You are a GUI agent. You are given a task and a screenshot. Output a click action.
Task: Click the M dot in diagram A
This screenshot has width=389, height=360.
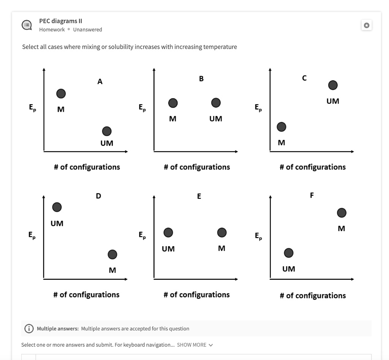click(x=61, y=94)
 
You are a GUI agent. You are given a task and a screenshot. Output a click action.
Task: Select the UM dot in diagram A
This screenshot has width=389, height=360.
click(x=107, y=131)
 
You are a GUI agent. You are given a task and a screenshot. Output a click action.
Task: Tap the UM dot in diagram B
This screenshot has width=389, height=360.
click(x=216, y=103)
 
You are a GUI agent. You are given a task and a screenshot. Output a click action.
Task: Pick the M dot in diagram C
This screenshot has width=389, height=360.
click(x=281, y=127)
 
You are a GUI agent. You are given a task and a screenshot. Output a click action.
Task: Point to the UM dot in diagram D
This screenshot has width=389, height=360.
click(x=57, y=207)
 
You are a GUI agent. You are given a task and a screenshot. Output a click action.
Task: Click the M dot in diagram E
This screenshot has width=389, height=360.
click(x=222, y=232)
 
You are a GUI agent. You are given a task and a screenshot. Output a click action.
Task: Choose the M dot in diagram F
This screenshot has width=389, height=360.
click(x=342, y=213)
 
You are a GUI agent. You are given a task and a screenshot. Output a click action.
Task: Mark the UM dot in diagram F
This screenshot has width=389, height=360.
click(x=289, y=253)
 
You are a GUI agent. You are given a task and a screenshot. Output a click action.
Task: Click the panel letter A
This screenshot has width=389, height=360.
click(x=100, y=81)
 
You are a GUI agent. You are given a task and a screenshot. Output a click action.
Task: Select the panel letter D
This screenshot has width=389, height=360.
click(x=98, y=197)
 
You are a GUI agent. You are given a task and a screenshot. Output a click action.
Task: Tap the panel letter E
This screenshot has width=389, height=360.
click(x=199, y=197)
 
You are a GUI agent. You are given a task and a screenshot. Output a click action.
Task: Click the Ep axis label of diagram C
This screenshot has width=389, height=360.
click(x=258, y=108)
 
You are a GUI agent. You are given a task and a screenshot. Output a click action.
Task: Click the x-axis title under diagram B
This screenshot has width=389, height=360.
click(x=197, y=167)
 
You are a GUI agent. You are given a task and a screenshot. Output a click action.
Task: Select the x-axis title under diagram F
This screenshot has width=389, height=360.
click(x=313, y=295)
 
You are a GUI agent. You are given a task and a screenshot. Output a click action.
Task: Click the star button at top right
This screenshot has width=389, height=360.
click(x=367, y=25)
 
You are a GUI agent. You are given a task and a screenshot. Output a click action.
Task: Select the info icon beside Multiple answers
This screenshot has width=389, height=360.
click(x=29, y=328)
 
